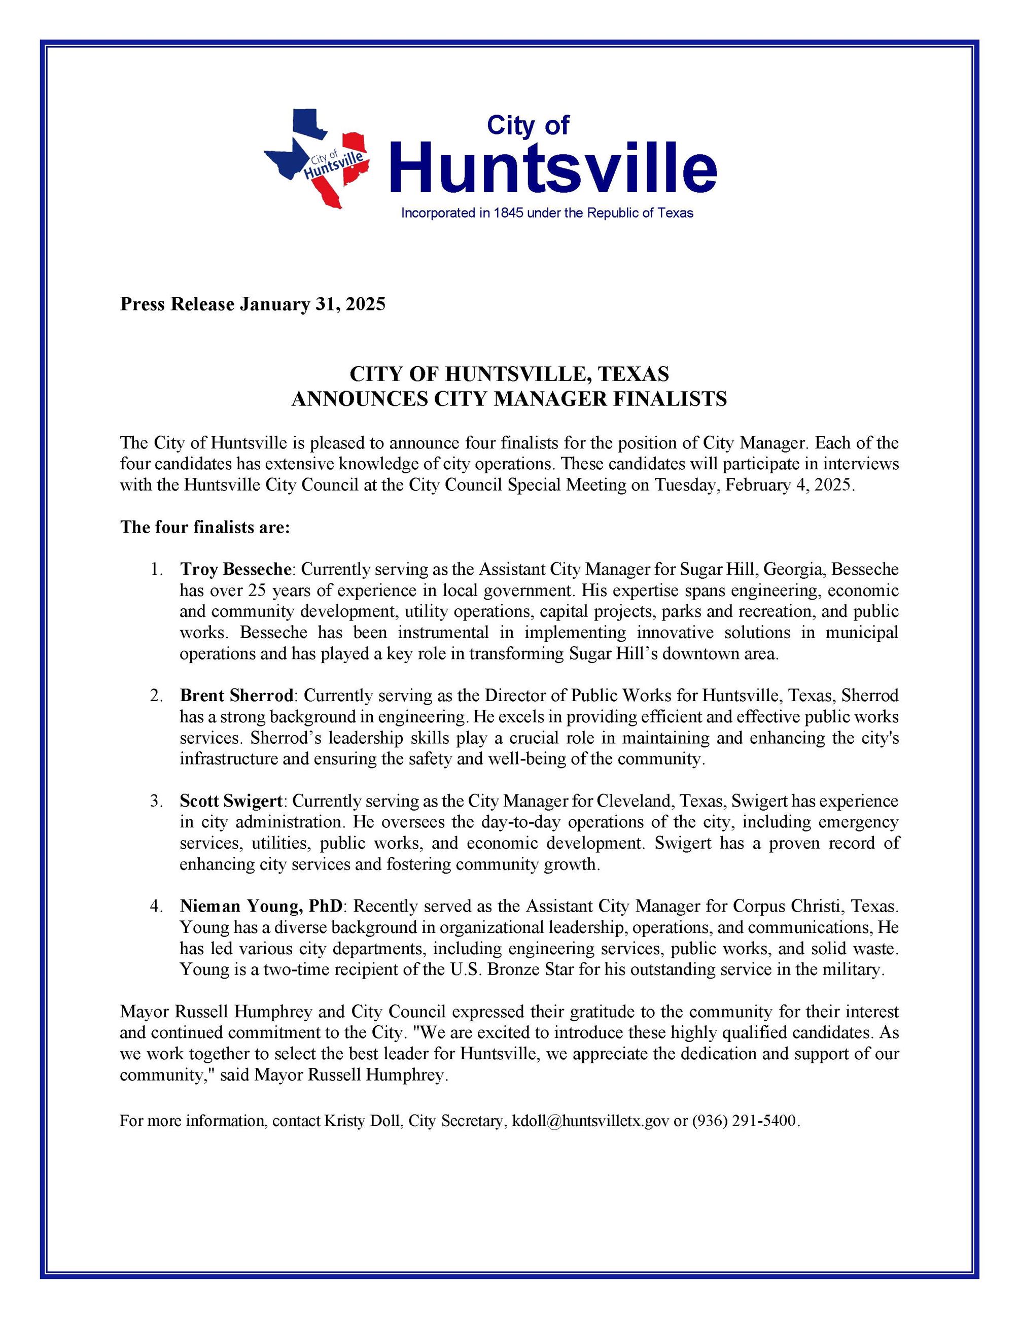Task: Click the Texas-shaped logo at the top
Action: (x=315, y=158)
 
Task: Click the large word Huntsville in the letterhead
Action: (x=553, y=167)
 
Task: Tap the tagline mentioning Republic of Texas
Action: (x=547, y=213)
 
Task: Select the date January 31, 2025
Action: (x=312, y=304)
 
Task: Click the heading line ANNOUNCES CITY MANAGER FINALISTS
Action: (x=509, y=399)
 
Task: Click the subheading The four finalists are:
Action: (x=205, y=527)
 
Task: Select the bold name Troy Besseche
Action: (x=236, y=569)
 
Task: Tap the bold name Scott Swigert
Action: (x=231, y=801)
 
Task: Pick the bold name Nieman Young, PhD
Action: (x=261, y=906)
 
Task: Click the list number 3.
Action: (x=156, y=801)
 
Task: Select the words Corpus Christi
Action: (x=790, y=906)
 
